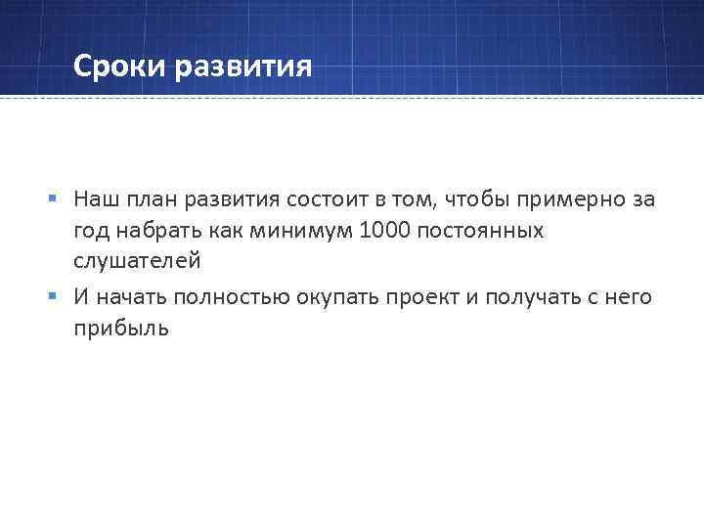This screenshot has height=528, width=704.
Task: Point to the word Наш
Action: pos(95,199)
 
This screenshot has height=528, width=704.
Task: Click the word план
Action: pos(151,199)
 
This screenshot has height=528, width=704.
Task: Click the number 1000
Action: pos(384,231)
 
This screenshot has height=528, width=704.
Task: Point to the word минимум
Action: pos(301,231)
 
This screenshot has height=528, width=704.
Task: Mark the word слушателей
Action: pos(137,261)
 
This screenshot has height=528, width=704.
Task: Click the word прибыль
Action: pos(120,328)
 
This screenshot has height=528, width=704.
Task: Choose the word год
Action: pos(92,231)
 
